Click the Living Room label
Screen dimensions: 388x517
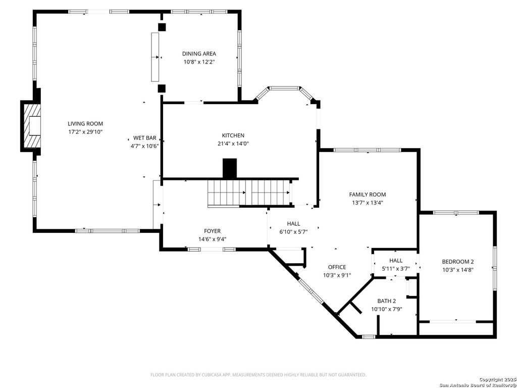(85, 124)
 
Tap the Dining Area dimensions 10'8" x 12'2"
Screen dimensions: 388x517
(199, 62)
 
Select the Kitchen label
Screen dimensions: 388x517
(233, 135)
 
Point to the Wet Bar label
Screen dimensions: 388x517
(144, 138)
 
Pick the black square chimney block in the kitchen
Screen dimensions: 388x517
(230, 168)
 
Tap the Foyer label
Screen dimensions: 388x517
(212, 231)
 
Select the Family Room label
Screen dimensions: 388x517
(367, 195)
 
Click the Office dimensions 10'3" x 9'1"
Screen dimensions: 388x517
(337, 275)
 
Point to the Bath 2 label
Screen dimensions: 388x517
(387, 301)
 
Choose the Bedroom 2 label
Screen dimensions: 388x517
(457, 261)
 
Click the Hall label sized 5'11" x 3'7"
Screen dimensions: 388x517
(396, 260)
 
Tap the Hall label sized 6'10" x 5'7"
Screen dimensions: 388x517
(293, 224)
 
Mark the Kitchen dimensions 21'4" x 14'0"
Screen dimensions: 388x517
(233, 143)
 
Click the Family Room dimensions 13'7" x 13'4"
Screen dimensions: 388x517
(367, 203)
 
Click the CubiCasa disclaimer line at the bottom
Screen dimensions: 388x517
(258, 375)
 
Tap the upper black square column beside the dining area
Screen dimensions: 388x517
(162, 27)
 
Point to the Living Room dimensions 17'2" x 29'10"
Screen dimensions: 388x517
(85, 132)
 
